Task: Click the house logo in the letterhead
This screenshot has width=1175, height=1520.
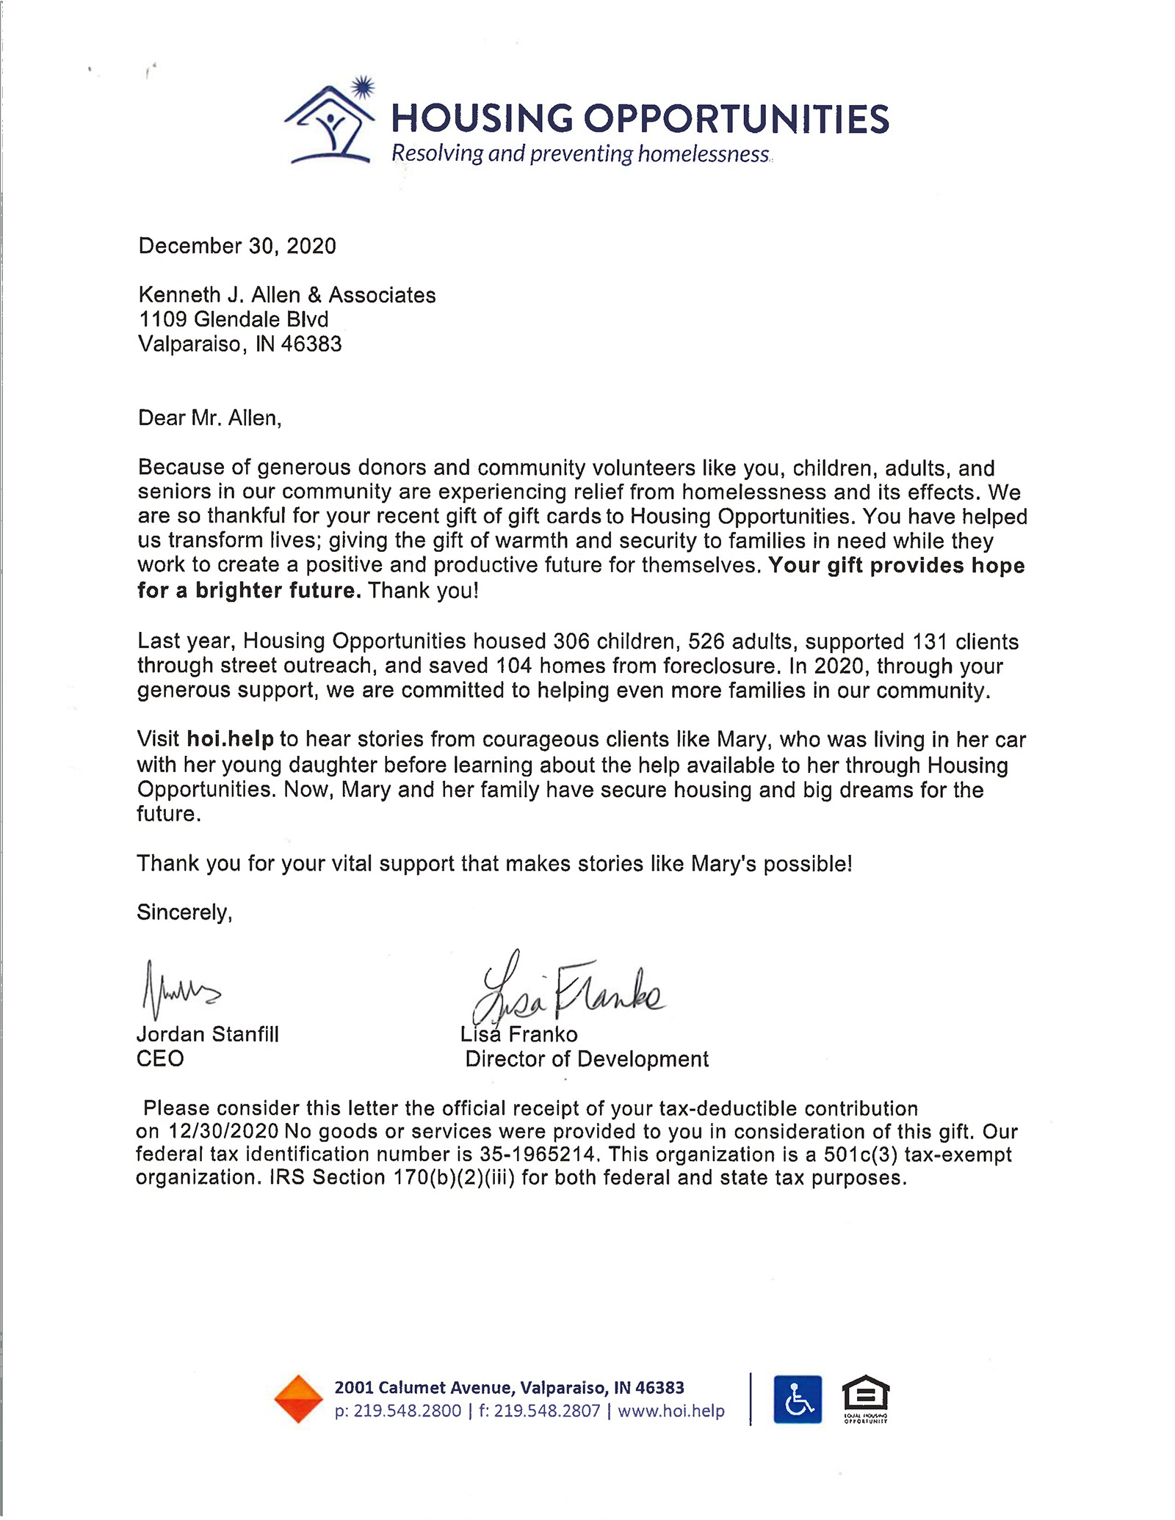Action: coord(330,123)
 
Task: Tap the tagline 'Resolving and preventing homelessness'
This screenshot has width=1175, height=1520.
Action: coord(580,154)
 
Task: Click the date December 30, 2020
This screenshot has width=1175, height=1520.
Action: coord(237,246)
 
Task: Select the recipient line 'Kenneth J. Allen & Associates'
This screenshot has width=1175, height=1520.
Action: coord(287,295)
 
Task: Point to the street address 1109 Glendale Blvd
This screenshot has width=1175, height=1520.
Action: coord(234,319)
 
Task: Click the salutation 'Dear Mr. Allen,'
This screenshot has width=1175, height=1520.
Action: coord(209,418)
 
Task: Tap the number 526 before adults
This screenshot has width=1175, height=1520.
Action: coord(706,641)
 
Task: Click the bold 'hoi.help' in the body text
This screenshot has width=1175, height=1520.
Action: coord(230,739)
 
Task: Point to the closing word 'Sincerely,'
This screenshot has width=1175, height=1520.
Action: coord(184,912)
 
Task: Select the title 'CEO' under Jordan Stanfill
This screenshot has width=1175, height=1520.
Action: coord(160,1058)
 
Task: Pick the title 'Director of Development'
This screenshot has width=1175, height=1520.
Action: coord(587,1059)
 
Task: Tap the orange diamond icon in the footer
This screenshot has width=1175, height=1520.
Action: coord(298,1398)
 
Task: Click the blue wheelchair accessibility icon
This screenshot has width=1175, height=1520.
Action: coord(798,1399)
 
